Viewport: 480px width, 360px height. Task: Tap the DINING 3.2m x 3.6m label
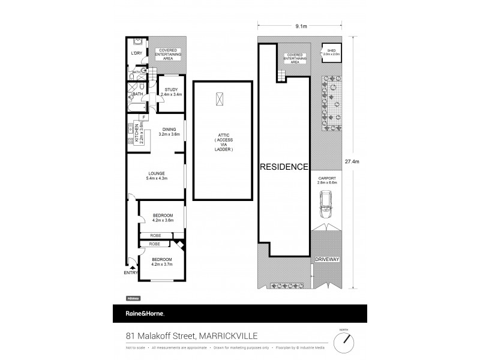click(x=168, y=132)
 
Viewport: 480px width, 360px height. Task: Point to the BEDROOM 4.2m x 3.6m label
click(x=163, y=218)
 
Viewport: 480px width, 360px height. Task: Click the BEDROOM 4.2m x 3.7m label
click(x=162, y=261)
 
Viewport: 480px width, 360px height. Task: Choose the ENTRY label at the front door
click(x=131, y=273)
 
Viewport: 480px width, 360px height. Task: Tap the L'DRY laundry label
click(x=136, y=53)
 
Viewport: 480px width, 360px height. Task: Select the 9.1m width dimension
click(x=301, y=26)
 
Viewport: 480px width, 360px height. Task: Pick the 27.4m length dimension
click(x=358, y=161)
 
